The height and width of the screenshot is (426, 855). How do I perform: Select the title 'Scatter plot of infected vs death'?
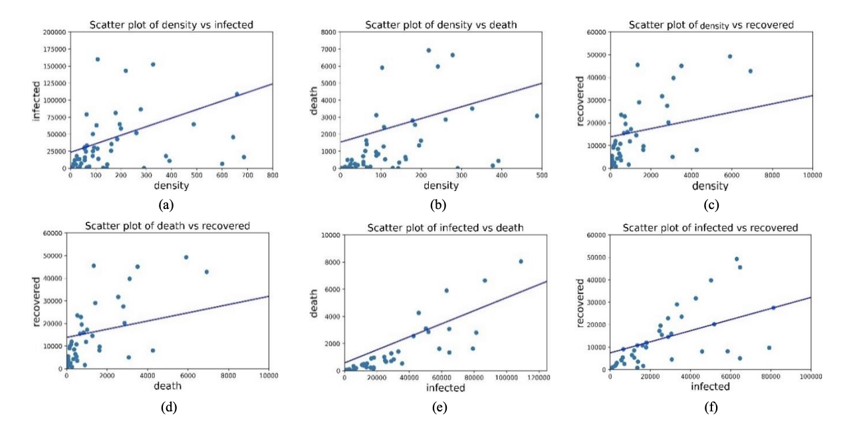[x=445, y=228]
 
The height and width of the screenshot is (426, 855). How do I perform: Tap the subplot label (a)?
[x=164, y=204]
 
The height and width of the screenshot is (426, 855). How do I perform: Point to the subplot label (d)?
[x=168, y=407]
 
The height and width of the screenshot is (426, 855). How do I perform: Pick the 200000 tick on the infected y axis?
[x=51, y=32]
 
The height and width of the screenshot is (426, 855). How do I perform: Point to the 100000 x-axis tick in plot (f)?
[x=810, y=378]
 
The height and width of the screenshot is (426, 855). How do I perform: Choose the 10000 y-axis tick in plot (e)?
[x=329, y=235]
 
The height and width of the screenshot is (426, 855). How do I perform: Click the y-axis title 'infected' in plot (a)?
[x=37, y=100]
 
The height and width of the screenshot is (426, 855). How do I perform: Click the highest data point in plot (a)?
[x=98, y=59]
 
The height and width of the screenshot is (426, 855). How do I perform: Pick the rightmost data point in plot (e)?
[x=521, y=262]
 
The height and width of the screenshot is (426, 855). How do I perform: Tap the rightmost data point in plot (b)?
[x=537, y=116]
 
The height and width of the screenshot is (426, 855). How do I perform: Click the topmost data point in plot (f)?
[x=737, y=259]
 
